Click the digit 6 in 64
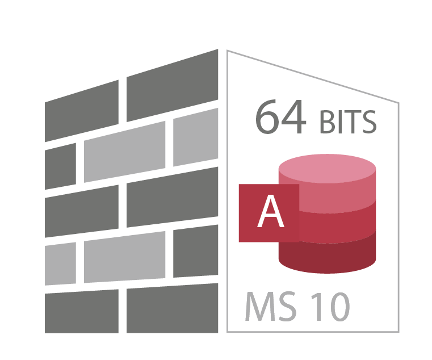[266, 117]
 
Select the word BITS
[348, 122]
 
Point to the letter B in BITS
[327, 122]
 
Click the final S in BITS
[369, 122]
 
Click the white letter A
[271, 211]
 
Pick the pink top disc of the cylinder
[328, 169]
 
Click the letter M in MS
[259, 306]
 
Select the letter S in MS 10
[288, 306]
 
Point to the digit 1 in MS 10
[317, 307]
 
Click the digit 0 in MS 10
[340, 307]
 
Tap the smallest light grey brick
[60, 264]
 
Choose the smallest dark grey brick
[60, 166]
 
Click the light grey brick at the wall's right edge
[196, 137]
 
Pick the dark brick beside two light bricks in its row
[196, 251]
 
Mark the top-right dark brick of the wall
[173, 85]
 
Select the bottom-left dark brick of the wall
[82, 311]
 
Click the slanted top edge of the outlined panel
[313, 77]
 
